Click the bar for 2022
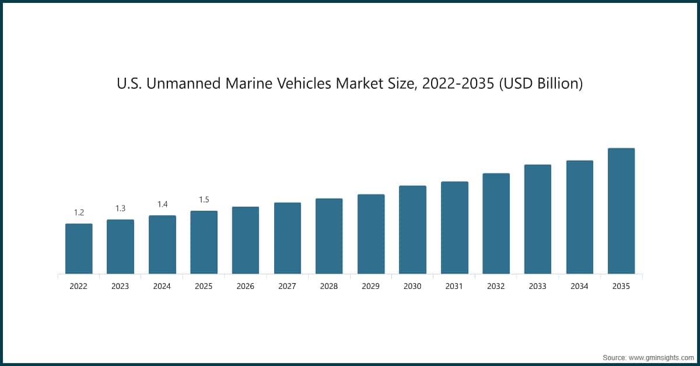(79, 249)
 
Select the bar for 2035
(621, 211)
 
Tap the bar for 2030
(412, 229)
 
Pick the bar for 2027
(288, 238)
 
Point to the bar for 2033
(537, 219)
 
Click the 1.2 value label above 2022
(79, 212)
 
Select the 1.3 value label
(120, 208)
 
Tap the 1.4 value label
(162, 204)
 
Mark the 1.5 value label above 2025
(204, 200)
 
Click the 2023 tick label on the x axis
(120, 287)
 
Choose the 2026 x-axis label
(246, 287)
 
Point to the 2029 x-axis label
(371, 287)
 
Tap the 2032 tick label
(496, 287)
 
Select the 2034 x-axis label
(579, 287)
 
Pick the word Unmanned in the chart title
(179, 84)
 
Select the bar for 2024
(162, 245)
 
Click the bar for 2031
(454, 228)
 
